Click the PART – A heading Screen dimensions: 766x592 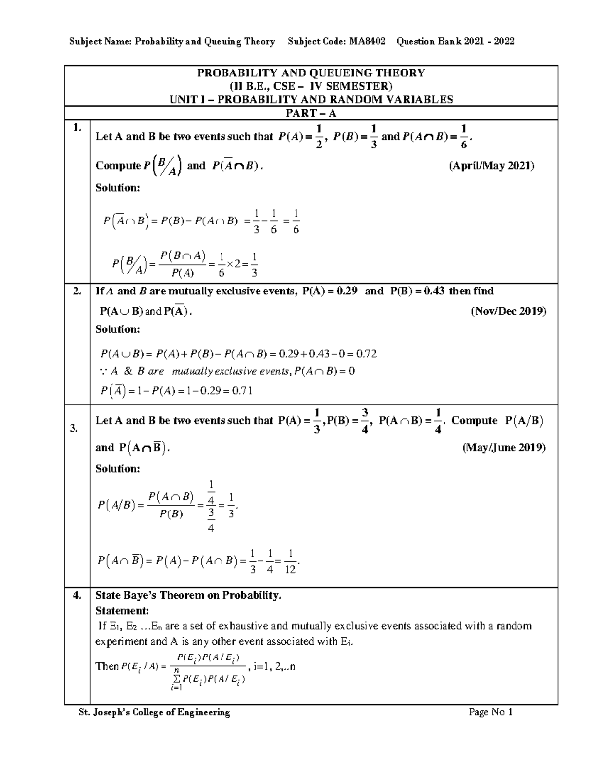(x=311, y=113)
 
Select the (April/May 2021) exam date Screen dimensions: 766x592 (x=491, y=166)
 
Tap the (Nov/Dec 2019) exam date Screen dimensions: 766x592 (x=508, y=311)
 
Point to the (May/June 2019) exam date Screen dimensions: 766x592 (x=504, y=448)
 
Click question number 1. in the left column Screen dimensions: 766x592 (x=76, y=128)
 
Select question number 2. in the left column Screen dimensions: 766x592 (x=76, y=291)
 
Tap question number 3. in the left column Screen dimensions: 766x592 (x=74, y=429)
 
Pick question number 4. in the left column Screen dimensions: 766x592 (x=76, y=595)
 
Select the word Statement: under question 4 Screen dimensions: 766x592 (x=122, y=611)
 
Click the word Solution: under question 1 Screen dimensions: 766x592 (x=117, y=188)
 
